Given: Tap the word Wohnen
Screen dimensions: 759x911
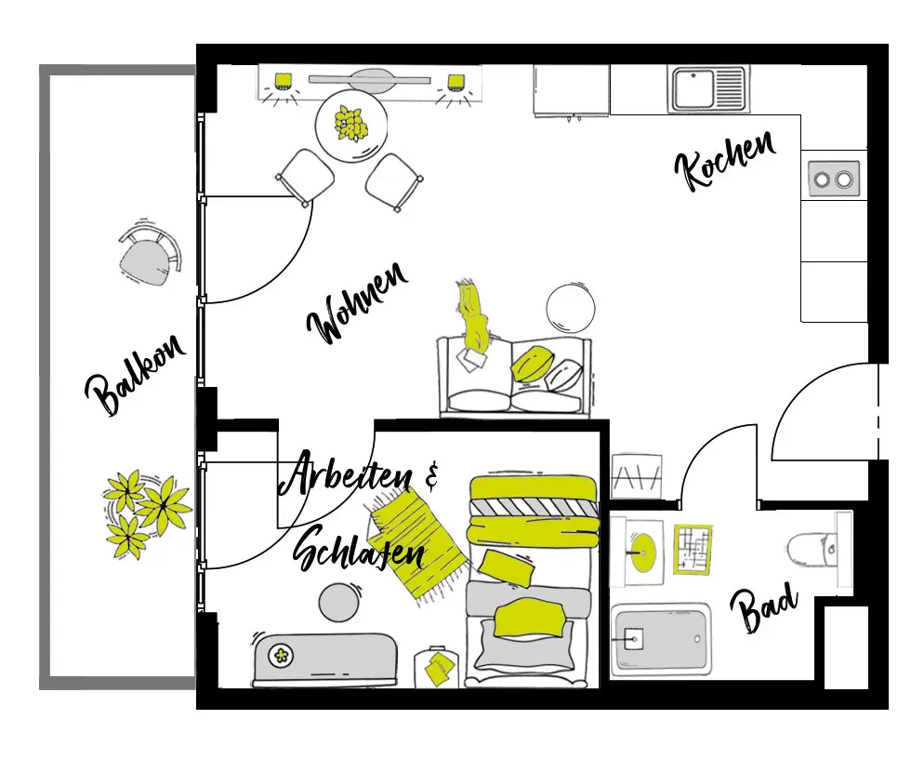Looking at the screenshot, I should [358, 303].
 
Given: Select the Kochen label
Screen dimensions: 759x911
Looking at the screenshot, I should [724, 161].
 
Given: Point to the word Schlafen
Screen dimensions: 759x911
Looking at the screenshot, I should [359, 553].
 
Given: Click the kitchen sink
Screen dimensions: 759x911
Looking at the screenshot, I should [707, 89].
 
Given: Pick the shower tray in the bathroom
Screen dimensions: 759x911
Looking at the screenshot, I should [660, 640].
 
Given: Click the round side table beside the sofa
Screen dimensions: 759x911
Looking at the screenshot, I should [569, 308].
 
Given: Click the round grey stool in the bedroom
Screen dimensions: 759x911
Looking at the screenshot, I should [338, 602].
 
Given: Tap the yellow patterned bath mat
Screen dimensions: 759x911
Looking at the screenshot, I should [692, 548].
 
